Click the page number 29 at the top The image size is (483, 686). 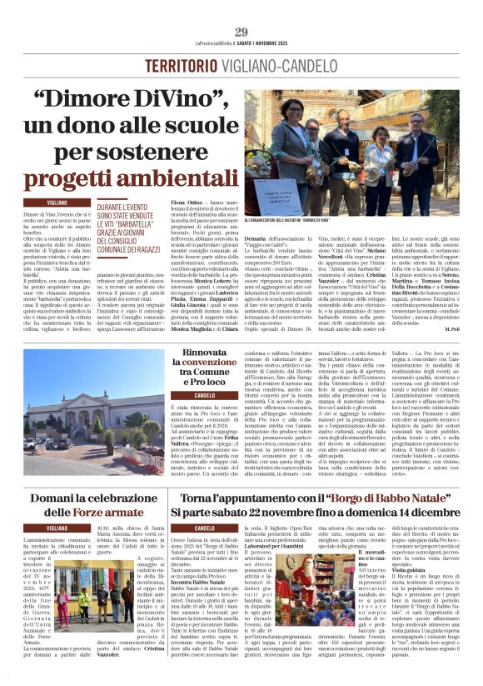tap(241, 32)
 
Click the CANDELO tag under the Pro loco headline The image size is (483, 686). tap(181, 395)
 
